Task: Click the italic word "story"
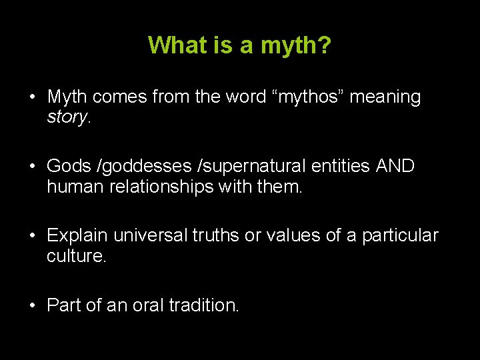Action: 67,117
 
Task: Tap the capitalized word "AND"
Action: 395,167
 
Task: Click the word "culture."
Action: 77,257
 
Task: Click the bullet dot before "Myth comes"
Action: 32,97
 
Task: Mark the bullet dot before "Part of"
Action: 32,306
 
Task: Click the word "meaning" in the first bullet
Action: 385,97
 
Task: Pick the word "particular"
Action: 401,236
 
